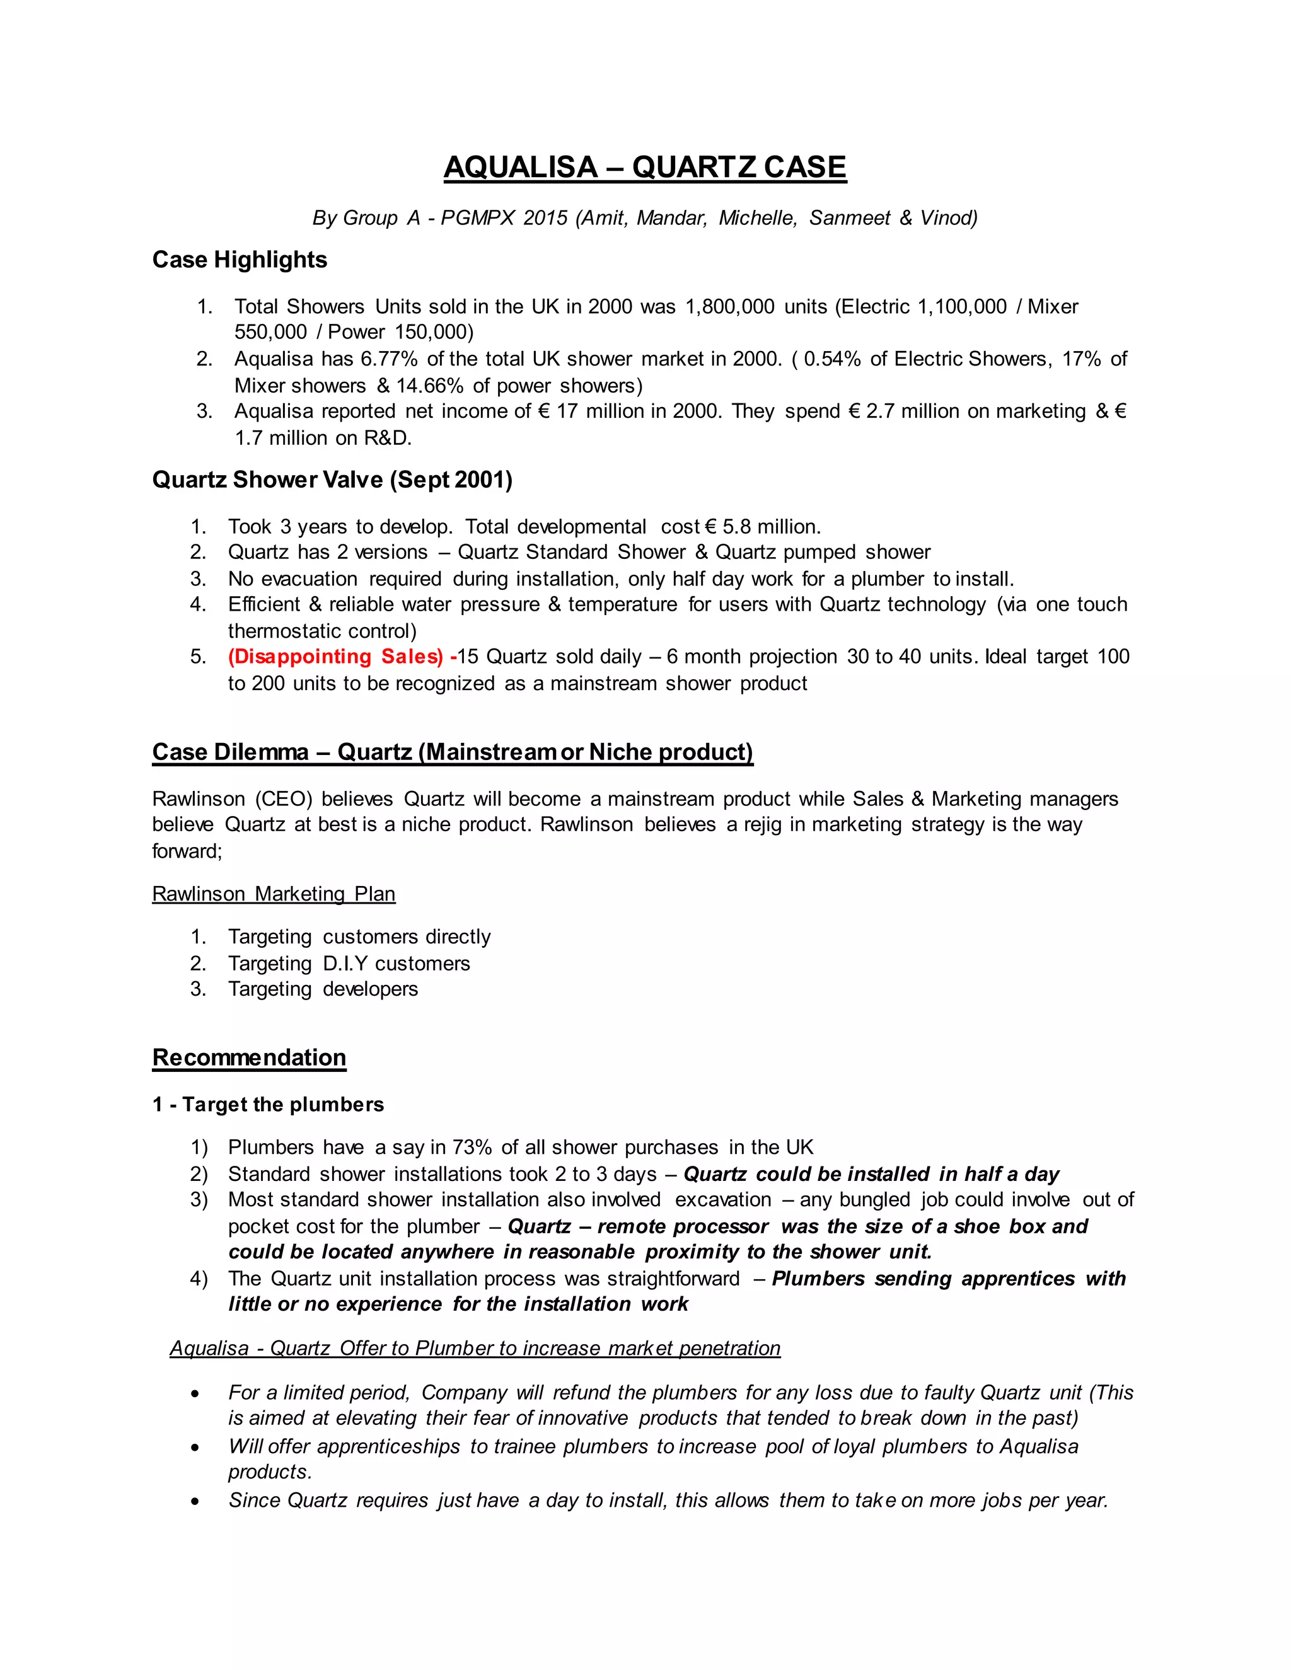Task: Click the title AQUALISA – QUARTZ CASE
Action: coord(645,168)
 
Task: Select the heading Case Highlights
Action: coord(240,260)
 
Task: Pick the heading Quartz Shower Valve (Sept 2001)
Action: coord(332,480)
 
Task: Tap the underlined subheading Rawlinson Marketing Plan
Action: coord(274,894)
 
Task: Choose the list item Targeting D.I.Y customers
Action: coord(349,964)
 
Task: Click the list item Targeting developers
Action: coord(323,989)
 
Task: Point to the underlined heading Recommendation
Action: coord(250,1057)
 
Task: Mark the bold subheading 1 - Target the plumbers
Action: coord(268,1104)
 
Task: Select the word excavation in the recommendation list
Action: coord(723,1200)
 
